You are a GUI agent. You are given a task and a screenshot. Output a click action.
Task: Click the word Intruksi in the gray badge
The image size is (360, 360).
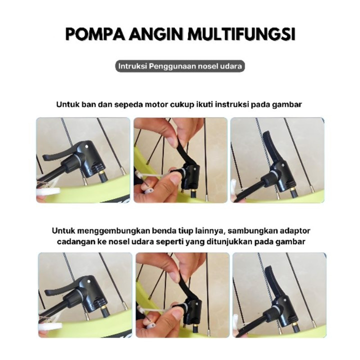click(132, 66)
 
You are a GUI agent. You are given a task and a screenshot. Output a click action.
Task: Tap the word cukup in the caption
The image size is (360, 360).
click(182, 105)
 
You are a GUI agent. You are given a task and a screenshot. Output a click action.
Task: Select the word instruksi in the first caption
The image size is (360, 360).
click(231, 104)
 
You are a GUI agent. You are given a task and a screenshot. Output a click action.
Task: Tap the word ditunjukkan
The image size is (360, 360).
click(230, 241)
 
